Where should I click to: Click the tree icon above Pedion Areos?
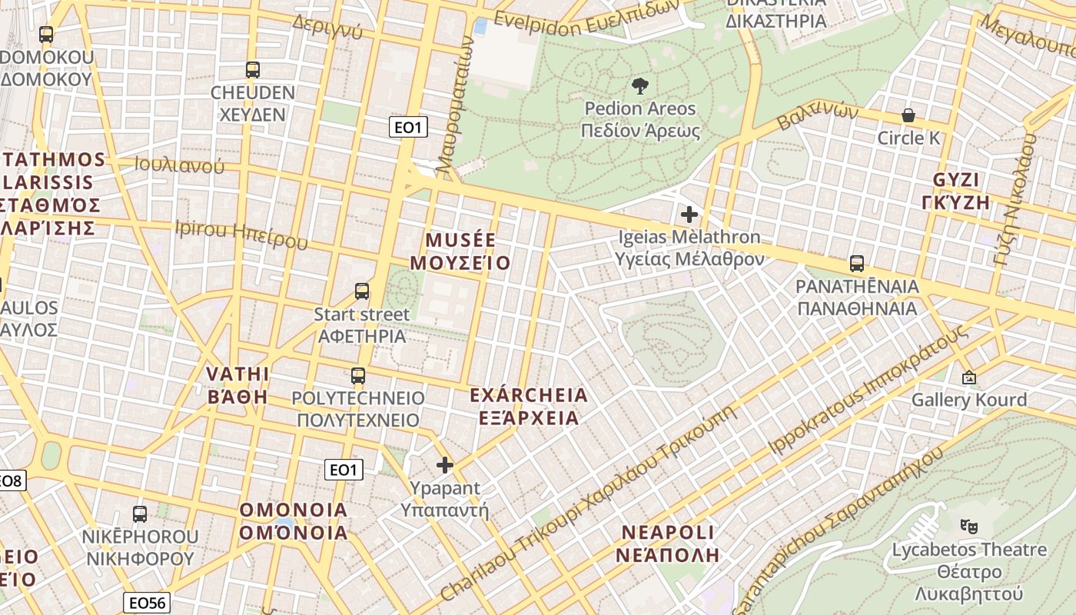(x=639, y=85)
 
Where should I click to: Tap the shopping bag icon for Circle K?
(x=908, y=115)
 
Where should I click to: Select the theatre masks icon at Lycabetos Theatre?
(x=968, y=527)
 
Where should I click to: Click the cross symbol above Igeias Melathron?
(x=689, y=214)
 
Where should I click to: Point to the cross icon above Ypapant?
(x=444, y=464)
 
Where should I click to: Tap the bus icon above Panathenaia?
(x=857, y=264)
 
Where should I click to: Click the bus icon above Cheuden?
(x=253, y=70)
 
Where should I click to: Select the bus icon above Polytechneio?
(x=358, y=376)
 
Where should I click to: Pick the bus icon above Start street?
(x=362, y=291)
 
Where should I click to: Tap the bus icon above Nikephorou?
(x=140, y=514)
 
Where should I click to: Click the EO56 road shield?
(x=146, y=603)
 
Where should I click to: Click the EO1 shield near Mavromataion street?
(x=409, y=127)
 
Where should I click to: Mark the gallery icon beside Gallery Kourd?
(x=968, y=377)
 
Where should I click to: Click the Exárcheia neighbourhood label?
(x=528, y=407)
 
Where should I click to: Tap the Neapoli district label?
(x=667, y=543)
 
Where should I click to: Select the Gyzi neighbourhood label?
(x=956, y=191)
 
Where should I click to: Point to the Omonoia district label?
(x=294, y=521)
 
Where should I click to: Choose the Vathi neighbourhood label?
(x=237, y=385)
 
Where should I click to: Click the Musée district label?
(x=460, y=251)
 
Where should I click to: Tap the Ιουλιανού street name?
(x=179, y=165)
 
